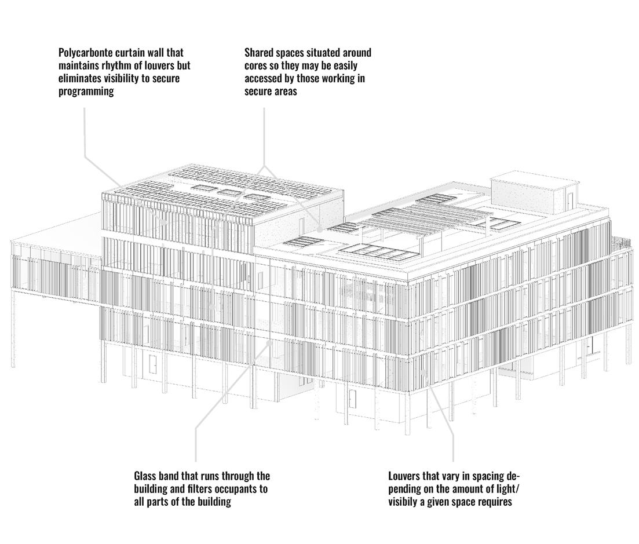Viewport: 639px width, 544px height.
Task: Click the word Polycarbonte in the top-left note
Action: point(85,53)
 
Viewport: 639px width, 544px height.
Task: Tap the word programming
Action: point(86,92)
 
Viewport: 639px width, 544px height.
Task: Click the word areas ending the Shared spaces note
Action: point(284,92)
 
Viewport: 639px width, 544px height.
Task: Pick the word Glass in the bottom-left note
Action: point(146,476)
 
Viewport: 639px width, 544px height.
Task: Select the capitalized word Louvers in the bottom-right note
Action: point(404,476)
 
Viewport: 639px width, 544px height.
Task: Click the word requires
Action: point(494,502)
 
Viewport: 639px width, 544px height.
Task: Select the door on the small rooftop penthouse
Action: point(569,200)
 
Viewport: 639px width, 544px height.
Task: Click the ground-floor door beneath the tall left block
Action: point(153,364)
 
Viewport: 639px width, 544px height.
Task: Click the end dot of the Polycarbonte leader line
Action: point(164,221)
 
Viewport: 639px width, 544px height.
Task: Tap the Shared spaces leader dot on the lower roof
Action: point(320,229)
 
